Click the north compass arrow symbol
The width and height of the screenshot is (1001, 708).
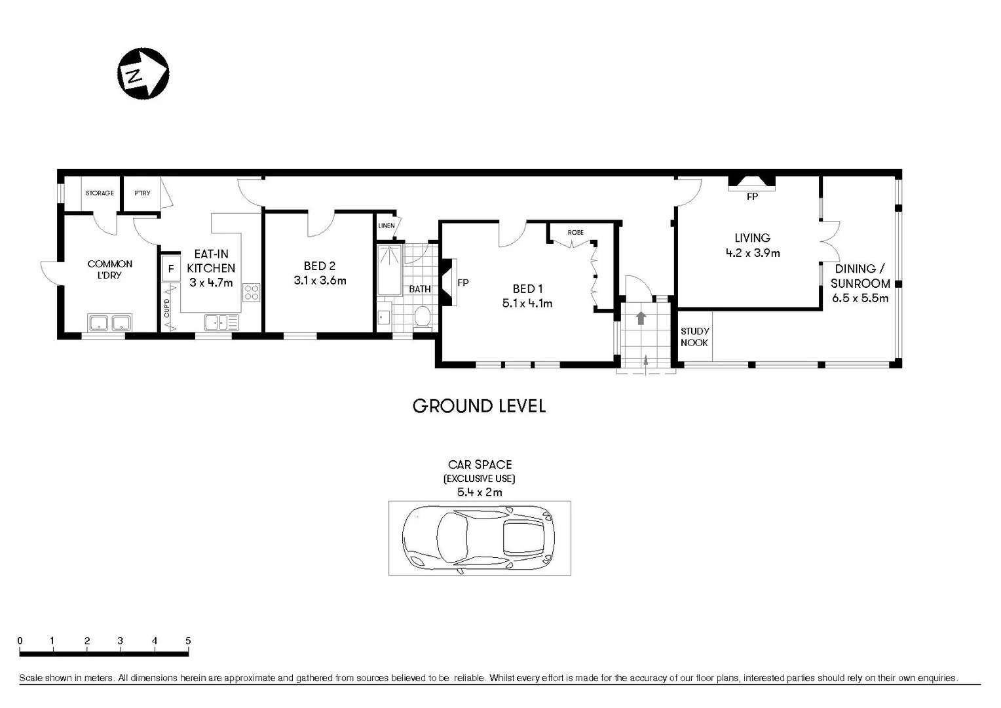143,73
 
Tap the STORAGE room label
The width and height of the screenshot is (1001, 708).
100,193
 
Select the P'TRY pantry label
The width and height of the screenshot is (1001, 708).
142,193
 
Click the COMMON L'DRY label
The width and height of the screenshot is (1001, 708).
110,269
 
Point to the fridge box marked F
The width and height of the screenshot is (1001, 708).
171,269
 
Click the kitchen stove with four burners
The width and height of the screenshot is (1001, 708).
252,292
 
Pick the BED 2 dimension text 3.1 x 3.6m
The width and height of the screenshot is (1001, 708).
320,281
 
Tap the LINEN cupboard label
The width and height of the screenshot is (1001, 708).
387,226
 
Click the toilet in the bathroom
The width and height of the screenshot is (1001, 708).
423,317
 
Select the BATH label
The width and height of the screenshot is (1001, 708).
420,289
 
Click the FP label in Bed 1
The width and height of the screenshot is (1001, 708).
463,283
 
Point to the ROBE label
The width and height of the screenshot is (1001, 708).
575,233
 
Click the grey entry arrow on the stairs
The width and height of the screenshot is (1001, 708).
641,318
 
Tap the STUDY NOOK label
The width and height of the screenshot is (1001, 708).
694,337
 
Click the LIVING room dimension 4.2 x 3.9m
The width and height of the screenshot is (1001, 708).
752,253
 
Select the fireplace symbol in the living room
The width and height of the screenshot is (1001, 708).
752,182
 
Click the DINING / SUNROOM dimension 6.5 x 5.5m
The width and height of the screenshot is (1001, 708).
859,298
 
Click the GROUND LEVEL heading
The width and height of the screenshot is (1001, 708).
479,406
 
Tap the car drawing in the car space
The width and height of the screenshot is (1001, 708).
478,538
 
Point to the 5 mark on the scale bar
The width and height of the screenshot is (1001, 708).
188,641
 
